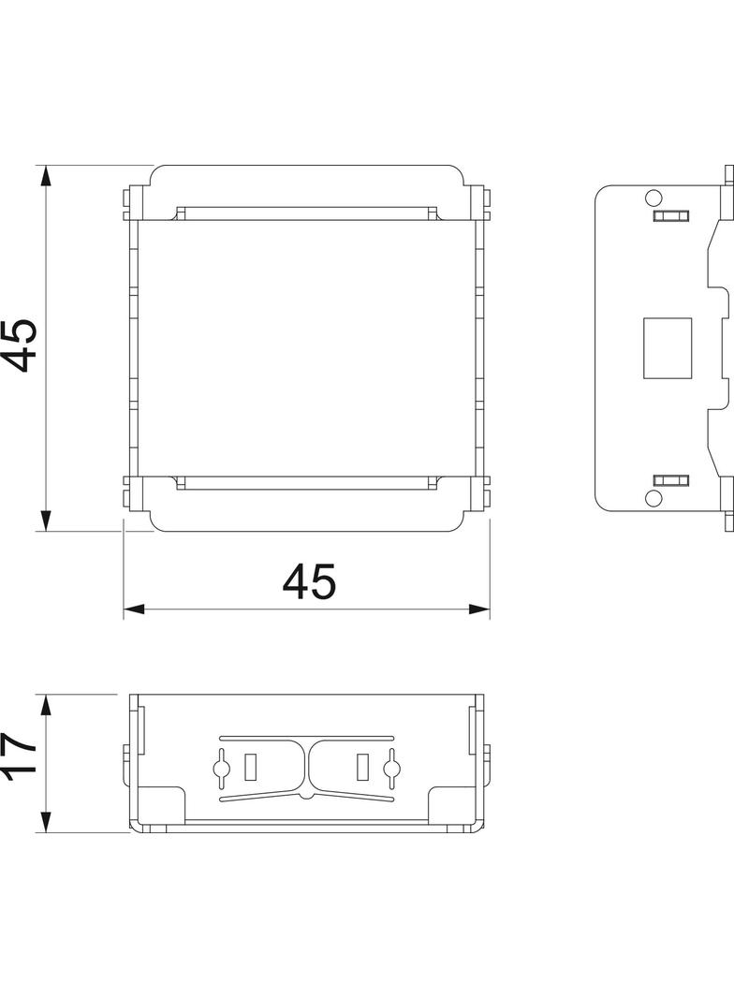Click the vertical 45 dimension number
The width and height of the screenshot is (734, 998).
pos(21,345)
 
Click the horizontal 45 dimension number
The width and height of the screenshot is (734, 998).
pos(309,582)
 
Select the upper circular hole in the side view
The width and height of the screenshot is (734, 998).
pos(653,198)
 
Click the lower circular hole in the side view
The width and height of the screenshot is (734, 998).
pos(653,497)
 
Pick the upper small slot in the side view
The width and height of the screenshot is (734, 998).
pos(669,216)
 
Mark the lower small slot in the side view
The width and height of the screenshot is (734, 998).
pos(669,479)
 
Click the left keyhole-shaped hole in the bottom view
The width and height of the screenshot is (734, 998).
pos(222,768)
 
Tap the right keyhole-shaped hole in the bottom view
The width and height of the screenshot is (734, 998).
pos(390,768)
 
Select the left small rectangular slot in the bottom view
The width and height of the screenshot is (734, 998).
pos(250,767)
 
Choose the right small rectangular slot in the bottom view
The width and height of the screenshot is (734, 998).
pos(362,767)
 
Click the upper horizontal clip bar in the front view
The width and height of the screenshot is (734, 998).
pos(306,213)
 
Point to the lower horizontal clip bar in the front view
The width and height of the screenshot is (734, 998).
pos(306,483)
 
